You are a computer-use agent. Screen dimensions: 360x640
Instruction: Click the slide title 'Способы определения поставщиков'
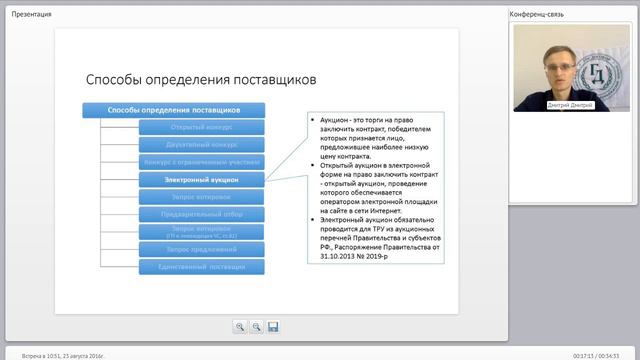coord(200,78)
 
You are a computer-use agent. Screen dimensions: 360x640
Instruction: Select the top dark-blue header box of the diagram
coord(174,109)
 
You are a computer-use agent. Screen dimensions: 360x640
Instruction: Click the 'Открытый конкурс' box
coord(202,127)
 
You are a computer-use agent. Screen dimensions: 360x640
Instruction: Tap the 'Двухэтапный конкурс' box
coord(202,144)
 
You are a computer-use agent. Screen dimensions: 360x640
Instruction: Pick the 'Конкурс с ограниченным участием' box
coord(202,161)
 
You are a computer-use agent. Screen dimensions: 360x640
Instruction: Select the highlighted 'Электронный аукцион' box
coord(202,179)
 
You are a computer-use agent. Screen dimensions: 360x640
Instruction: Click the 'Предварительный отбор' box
coord(202,213)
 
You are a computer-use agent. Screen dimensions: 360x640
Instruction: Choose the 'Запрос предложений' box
coord(202,248)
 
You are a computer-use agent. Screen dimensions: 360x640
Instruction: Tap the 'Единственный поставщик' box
coord(202,266)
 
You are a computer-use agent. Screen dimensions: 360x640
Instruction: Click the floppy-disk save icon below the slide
coord(273,326)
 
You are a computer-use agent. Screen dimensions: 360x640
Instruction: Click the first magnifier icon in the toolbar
coord(240,326)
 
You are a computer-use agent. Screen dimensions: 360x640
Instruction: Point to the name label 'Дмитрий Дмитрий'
coord(570,105)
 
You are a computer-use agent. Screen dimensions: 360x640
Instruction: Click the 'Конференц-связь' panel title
coord(538,14)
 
